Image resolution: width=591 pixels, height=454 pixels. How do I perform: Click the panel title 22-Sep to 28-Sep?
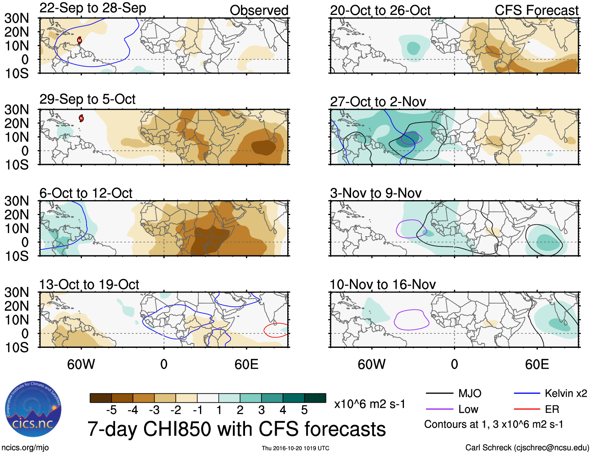[93, 8]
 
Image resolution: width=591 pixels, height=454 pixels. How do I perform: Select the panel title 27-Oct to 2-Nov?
[378, 102]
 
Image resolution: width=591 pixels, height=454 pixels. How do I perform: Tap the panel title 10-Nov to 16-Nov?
[382, 284]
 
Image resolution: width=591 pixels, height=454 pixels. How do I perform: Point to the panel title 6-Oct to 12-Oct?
[86, 193]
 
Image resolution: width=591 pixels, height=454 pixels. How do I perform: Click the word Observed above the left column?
[259, 11]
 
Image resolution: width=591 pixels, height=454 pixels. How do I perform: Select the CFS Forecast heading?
[536, 11]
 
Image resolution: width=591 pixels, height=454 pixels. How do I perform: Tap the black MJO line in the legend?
[439, 393]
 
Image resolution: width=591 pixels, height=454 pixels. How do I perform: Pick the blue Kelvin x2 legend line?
[527, 393]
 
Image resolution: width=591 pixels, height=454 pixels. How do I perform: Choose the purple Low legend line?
[439, 409]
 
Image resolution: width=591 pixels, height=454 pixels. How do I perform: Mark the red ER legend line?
[527, 409]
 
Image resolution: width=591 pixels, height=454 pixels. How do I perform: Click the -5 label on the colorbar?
[111, 410]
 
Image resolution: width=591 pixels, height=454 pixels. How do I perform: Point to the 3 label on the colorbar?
[261, 410]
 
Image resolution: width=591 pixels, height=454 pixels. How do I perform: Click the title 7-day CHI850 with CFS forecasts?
[236, 429]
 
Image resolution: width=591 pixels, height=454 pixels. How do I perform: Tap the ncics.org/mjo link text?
[25, 448]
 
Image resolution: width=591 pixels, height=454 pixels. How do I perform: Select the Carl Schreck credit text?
[527, 448]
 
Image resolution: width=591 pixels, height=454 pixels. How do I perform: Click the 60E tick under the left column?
[246, 365]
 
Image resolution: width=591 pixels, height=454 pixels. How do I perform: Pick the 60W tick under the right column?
[371, 365]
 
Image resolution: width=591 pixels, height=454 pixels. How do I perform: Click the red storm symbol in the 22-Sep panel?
[79, 40]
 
